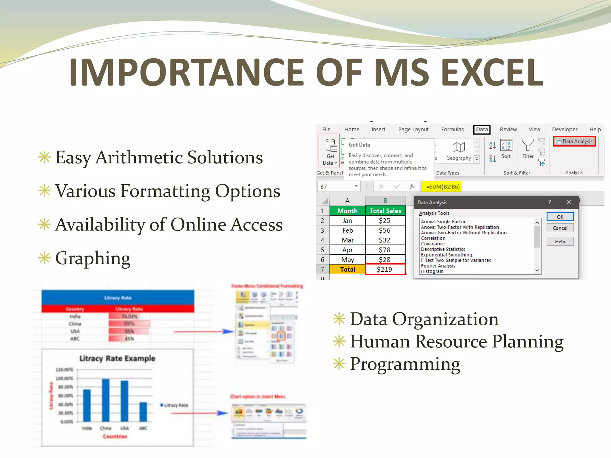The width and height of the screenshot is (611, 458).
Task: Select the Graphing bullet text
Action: [93, 258]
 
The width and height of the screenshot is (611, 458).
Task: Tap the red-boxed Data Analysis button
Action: [574, 141]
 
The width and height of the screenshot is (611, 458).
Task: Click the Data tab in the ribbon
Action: [482, 129]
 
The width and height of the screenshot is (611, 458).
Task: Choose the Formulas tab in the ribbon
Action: [452, 129]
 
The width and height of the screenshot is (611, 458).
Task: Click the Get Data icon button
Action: [330, 150]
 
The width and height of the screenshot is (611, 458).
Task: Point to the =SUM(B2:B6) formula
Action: [443, 187]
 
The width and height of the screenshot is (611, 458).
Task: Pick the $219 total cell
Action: [385, 269]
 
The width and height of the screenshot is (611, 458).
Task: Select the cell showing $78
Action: [385, 250]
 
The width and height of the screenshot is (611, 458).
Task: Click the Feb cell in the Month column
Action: [347, 230]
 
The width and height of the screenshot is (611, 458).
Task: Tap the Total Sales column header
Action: [385, 211]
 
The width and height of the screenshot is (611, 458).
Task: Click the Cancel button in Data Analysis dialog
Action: [560, 228]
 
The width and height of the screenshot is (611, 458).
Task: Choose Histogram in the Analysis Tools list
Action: [432, 271]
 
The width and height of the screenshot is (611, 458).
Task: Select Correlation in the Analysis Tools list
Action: [433, 238]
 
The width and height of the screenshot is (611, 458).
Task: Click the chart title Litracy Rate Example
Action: [117, 358]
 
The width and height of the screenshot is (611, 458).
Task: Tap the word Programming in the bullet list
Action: [405, 364]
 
